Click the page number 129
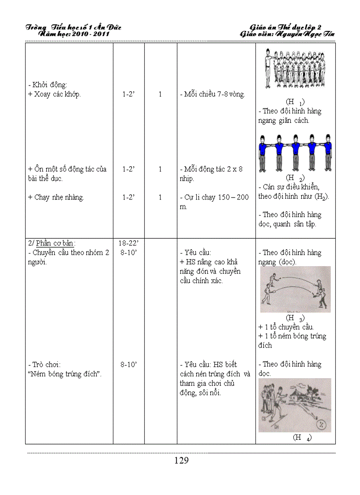pos(181,461)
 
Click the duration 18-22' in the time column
pos(128,243)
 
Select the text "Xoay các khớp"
pos(55,94)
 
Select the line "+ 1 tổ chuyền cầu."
pos(286,327)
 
